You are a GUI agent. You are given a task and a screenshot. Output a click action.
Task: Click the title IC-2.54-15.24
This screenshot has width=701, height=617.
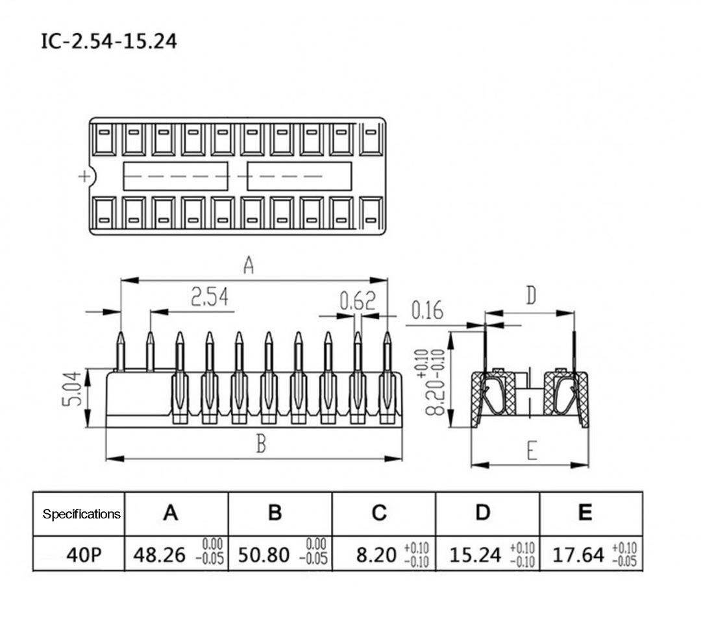point(108,42)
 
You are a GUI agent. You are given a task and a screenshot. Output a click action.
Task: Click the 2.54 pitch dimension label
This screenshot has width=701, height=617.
point(210,297)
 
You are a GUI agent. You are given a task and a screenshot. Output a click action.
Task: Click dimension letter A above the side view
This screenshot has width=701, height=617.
point(248,265)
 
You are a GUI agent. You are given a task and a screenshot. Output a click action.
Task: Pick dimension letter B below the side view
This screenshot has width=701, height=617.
point(260,444)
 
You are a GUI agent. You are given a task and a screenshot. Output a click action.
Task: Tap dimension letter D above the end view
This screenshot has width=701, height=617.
point(531,296)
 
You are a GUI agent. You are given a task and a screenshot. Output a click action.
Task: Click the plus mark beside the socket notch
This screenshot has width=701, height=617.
point(83,176)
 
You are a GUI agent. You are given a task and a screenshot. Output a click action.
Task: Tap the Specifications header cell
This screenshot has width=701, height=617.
point(81,514)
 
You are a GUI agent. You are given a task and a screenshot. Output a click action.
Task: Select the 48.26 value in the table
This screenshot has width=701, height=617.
point(159,555)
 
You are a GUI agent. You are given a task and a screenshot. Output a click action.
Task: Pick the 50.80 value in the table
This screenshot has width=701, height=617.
point(263,555)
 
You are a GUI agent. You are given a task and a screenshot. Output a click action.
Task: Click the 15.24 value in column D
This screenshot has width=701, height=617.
point(476,555)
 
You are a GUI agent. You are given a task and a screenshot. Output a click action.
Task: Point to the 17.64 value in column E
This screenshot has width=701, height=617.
point(578,555)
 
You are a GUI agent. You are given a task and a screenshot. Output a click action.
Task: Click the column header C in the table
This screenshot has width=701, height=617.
point(379,513)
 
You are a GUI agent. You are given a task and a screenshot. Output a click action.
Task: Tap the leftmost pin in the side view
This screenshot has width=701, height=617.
point(120,354)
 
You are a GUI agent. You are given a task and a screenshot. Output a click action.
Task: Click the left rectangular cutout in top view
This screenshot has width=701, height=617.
point(175,176)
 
